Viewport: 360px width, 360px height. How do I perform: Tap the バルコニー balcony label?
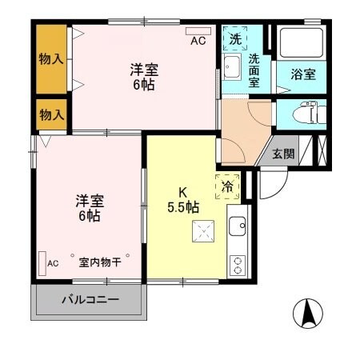(90, 302)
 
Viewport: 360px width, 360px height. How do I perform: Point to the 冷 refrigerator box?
(226, 184)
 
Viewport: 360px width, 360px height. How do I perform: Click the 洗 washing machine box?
(234, 38)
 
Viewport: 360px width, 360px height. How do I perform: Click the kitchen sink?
(238, 226)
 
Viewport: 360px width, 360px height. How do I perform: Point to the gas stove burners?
(238, 264)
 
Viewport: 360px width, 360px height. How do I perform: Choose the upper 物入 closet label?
(52, 60)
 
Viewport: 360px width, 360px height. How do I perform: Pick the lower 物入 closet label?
(52, 114)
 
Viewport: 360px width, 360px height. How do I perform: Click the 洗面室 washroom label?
(254, 70)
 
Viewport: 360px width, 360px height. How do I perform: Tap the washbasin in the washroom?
(232, 67)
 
